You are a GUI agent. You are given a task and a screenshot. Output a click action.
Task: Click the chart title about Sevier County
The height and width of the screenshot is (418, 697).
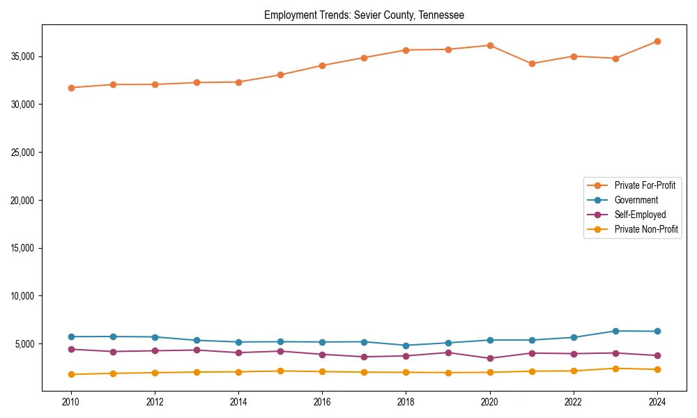point(364,15)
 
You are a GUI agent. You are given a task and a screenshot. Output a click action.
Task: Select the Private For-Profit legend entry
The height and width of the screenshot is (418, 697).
point(645,185)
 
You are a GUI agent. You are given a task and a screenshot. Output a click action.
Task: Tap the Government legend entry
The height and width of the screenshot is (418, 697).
point(636,200)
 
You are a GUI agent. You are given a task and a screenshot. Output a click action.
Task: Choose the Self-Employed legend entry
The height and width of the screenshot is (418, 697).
point(640,215)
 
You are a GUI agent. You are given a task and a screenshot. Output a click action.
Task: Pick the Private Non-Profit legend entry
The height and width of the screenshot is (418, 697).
point(646,229)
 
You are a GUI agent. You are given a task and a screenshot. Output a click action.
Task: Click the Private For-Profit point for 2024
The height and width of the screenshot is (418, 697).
point(657,41)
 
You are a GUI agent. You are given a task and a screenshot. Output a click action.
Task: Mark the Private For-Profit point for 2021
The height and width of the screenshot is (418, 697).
point(532,63)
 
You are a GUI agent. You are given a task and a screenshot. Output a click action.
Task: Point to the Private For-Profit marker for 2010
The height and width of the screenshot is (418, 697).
point(71,88)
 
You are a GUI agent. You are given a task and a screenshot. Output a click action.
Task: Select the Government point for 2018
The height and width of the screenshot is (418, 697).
point(406,346)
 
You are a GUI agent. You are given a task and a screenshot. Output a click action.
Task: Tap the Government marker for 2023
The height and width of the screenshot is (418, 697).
point(615,331)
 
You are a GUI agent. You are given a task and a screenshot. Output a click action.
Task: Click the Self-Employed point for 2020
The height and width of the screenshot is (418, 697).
point(490,358)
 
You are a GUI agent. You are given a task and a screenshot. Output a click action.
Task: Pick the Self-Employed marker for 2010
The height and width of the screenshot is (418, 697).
point(71,349)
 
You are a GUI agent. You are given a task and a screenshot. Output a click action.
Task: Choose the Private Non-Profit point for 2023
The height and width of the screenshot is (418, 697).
point(615,369)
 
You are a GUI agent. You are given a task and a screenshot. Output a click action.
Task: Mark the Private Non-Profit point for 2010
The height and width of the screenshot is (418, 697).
point(71,374)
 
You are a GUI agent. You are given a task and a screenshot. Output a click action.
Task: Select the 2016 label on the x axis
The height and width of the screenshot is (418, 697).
point(322,402)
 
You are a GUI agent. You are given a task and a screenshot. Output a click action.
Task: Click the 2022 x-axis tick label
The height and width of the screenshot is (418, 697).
point(574,402)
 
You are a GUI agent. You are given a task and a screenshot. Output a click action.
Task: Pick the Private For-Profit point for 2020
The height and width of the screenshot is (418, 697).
point(490,45)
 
